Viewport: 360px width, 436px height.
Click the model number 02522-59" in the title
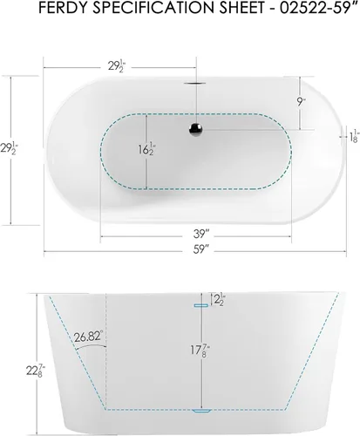[318, 9]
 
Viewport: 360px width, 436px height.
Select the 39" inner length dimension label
[201, 234]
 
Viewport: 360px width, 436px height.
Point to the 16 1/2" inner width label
[146, 149]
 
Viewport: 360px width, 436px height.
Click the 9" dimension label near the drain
[301, 102]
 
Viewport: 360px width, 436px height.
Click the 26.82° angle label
[88, 337]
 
